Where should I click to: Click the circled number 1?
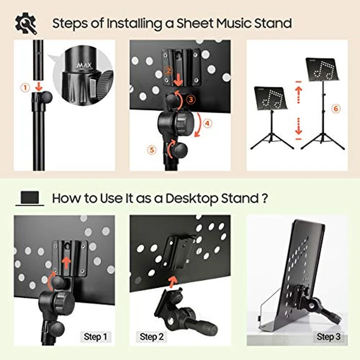(x=24, y=87)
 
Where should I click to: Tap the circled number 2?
(x=168, y=70)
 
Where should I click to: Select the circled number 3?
(x=190, y=99)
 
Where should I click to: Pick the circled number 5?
(x=152, y=150)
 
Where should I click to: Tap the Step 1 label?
(x=95, y=337)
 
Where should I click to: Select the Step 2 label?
(x=152, y=337)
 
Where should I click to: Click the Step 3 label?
(x=329, y=337)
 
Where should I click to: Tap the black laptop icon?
(x=29, y=197)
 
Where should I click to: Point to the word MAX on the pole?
(x=83, y=66)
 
